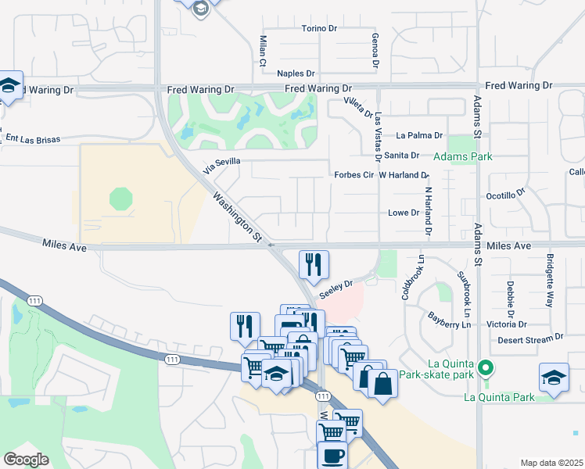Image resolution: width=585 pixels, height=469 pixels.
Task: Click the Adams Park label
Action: point(469,157)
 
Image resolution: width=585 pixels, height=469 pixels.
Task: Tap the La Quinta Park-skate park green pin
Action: point(486,367)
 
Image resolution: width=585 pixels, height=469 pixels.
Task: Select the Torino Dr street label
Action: point(319,29)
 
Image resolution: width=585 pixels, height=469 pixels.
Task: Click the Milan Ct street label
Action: point(263,51)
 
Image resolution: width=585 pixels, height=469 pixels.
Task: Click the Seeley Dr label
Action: point(337,285)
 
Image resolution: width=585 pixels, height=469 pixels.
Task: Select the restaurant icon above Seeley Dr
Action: point(314,263)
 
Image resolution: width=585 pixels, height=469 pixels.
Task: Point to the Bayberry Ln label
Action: point(450,319)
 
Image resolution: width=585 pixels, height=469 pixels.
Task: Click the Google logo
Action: point(26,459)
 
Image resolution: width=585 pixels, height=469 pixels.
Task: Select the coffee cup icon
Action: point(332,456)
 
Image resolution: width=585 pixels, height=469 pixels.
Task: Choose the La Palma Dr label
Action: point(419,135)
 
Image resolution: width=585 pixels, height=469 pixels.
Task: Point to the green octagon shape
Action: point(121,199)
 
